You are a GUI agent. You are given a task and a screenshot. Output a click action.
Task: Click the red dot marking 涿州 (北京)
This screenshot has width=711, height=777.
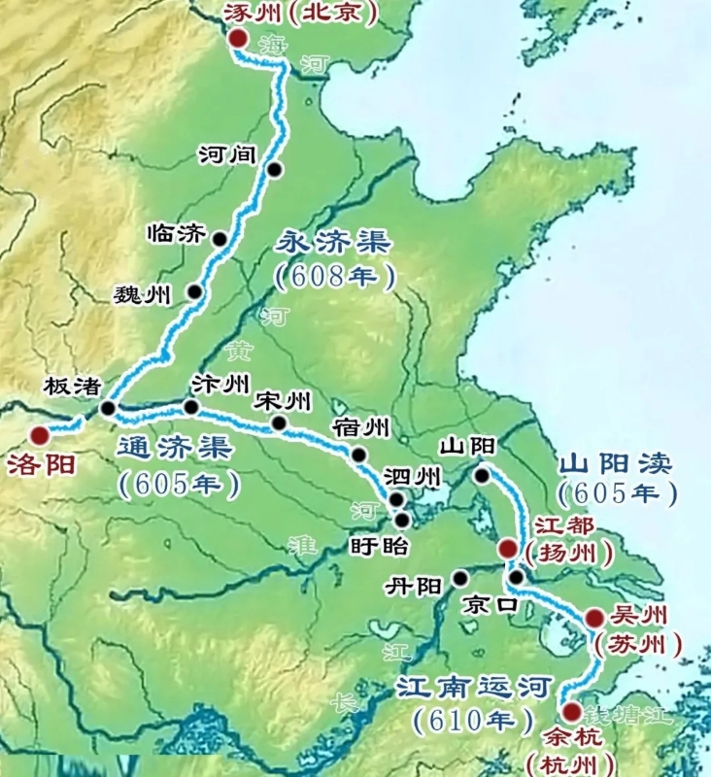pos(238,38)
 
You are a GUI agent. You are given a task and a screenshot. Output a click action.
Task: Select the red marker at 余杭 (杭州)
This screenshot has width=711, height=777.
pos(570,712)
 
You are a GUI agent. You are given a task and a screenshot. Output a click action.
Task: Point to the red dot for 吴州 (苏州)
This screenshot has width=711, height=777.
pos(593,618)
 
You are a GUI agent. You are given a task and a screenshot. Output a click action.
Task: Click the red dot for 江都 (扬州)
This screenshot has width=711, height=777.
pos(507,550)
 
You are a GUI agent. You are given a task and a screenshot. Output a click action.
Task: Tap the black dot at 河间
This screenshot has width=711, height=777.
pos(275,170)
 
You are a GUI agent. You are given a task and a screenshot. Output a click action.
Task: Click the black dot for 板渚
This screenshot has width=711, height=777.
pos(107,408)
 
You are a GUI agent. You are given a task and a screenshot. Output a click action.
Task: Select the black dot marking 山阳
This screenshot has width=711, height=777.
pos(482,475)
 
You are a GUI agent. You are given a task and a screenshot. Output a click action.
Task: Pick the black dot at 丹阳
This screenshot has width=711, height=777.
pos(459,578)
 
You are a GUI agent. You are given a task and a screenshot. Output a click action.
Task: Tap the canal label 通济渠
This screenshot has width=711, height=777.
pos(174,449)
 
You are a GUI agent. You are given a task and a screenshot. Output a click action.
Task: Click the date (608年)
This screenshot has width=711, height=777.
pos(335,277)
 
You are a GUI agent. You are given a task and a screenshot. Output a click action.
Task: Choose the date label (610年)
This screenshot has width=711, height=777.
pos(462,722)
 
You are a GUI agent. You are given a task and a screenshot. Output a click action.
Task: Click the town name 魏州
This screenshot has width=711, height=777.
pos(143,293)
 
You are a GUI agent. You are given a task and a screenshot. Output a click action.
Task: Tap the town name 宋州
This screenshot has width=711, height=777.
pos(282,400)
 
